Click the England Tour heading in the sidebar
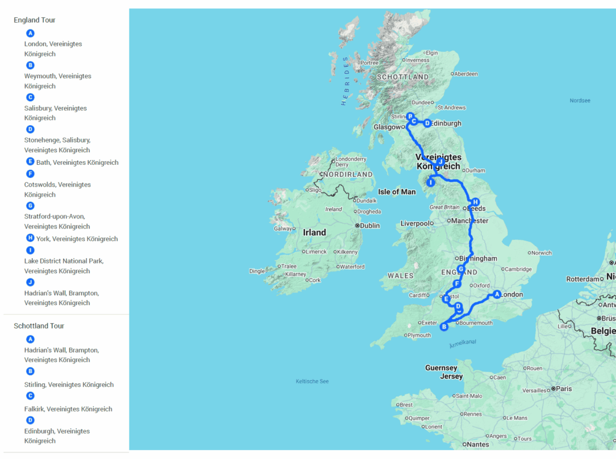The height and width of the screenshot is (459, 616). (x=34, y=20)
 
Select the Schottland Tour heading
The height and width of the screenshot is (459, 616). (x=38, y=325)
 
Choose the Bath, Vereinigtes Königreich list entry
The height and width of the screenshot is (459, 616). (x=77, y=162)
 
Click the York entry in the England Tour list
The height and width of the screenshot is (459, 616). (x=76, y=239)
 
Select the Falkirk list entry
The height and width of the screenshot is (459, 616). (x=68, y=409)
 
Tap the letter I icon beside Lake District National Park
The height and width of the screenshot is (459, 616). (x=31, y=250)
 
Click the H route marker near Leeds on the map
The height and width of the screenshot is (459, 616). (x=475, y=202)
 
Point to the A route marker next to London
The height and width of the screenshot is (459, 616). (x=497, y=294)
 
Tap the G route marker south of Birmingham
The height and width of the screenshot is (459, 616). (x=461, y=269)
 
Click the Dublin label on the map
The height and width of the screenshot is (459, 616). (x=370, y=226)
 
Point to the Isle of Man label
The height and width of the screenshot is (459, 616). (x=396, y=192)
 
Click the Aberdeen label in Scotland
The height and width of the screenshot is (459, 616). (x=466, y=74)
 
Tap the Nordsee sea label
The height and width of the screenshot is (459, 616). (x=580, y=100)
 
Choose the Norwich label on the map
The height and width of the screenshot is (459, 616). (x=541, y=253)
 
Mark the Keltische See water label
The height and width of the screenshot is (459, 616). (x=312, y=381)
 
